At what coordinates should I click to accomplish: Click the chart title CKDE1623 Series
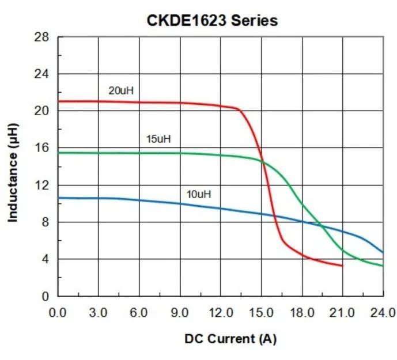pyautogui.click(x=211, y=21)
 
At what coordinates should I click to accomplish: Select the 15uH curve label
pyautogui.click(x=158, y=139)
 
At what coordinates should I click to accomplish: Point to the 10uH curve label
pyautogui.click(x=198, y=194)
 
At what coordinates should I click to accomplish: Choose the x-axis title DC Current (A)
pyautogui.click(x=230, y=339)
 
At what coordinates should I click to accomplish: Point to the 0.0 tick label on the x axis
pyautogui.click(x=58, y=313)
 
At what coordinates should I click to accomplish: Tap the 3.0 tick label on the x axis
pyautogui.click(x=99, y=313)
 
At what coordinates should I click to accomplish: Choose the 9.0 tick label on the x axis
pyautogui.click(x=180, y=313)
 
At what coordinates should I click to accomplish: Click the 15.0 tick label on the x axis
pyautogui.click(x=261, y=313)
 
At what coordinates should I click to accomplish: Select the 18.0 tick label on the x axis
pyautogui.click(x=302, y=313)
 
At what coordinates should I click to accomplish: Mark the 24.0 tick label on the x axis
pyautogui.click(x=383, y=313)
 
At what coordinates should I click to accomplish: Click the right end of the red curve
pyautogui.click(x=342, y=266)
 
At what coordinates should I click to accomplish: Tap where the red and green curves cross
pyautogui.click(x=263, y=162)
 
